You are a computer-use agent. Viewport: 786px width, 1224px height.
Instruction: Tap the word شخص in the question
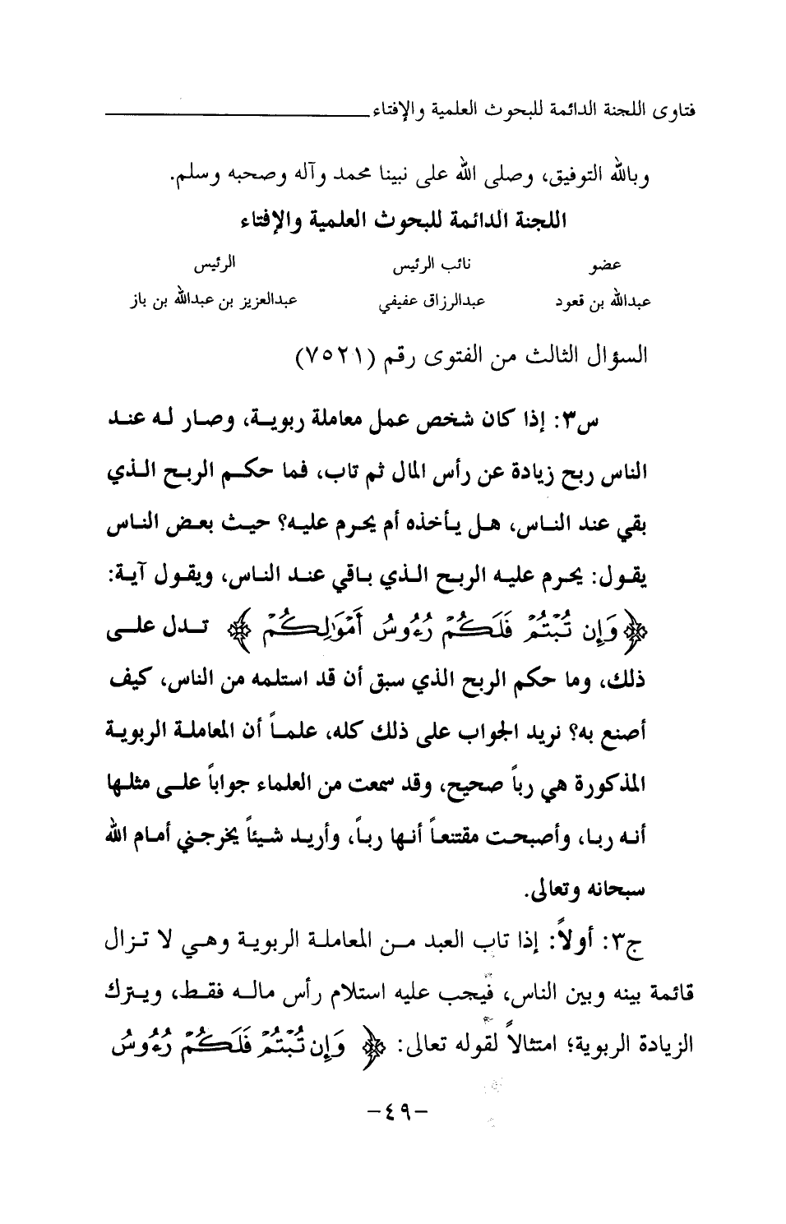pyautogui.click(x=469, y=428)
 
